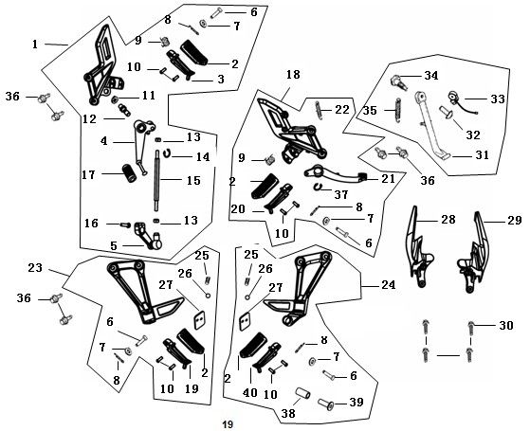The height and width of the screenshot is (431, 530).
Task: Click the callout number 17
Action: tap(88, 175)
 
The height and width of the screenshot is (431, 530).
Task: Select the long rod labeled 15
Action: tap(157, 180)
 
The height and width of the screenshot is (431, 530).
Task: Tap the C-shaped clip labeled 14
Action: tap(167, 153)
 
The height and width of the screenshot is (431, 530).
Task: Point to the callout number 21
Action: tap(388, 179)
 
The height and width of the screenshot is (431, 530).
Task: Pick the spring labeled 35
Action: tap(398, 110)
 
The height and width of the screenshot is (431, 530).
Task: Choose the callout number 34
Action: tap(431, 76)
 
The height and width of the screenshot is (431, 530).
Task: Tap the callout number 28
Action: tap(448, 220)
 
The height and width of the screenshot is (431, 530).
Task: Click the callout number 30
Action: tap(506, 326)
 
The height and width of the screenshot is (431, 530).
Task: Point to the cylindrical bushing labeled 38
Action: tap(303, 394)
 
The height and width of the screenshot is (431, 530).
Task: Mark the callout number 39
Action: tap(356, 403)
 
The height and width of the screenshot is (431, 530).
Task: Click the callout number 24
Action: tap(389, 285)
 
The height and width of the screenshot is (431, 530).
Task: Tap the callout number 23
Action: tap(35, 268)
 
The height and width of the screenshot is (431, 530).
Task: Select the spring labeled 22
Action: tap(319, 110)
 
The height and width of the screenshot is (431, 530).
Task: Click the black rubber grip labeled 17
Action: tap(129, 172)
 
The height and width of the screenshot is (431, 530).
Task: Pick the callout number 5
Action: tap(114, 246)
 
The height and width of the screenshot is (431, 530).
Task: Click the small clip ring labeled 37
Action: tap(319, 187)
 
